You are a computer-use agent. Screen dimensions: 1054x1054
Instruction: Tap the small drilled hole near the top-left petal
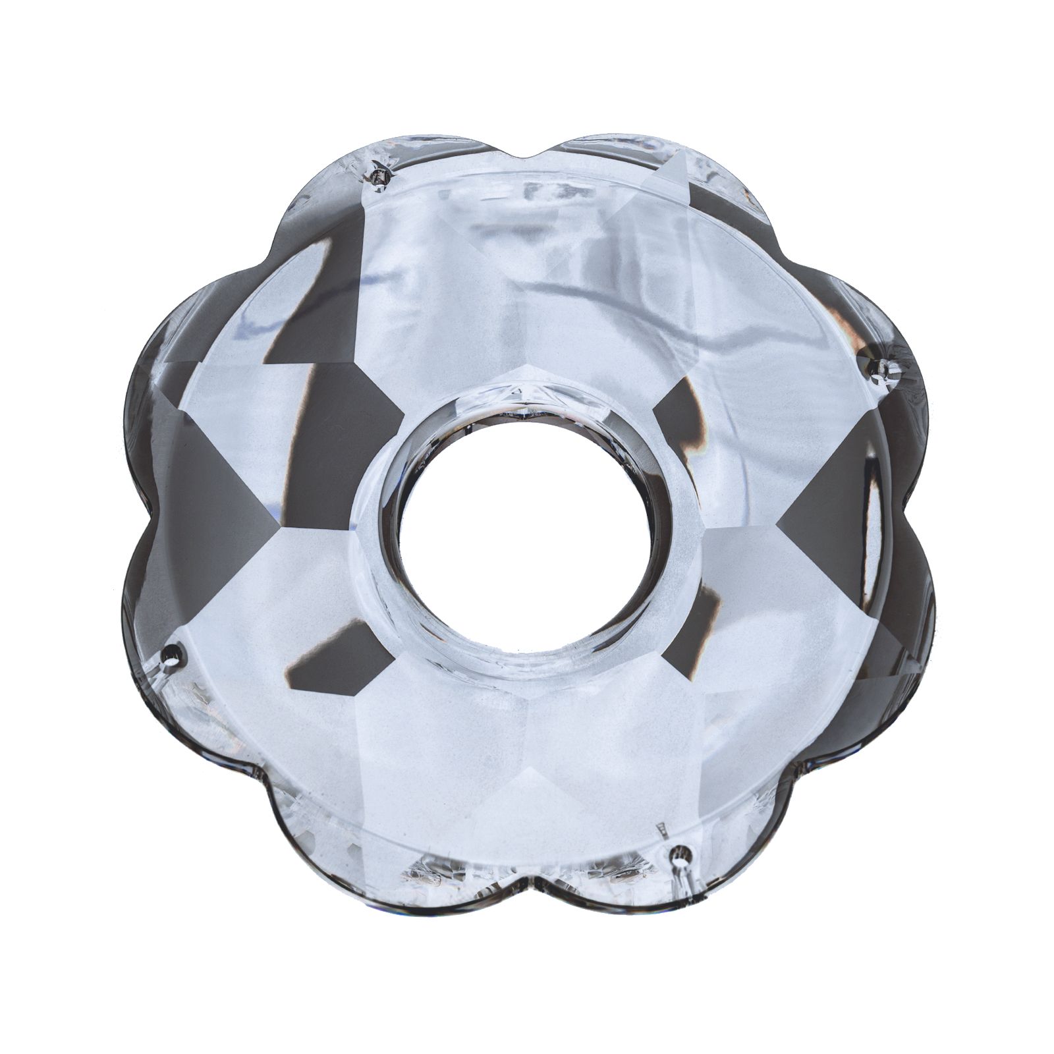point(380,176)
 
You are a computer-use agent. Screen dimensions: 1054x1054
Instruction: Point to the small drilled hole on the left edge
point(174,654)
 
